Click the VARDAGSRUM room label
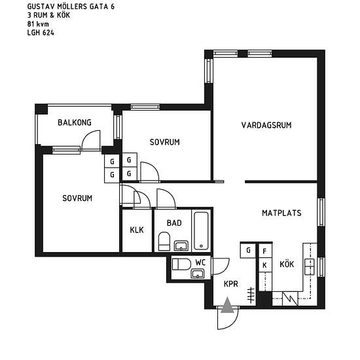click(266, 125)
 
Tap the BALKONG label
click(75, 122)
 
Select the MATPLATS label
click(281, 213)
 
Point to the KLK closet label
click(137, 230)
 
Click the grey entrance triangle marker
click(227, 305)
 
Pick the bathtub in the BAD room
click(202, 231)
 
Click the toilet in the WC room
click(181, 264)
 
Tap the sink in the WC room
click(198, 274)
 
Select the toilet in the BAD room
click(164, 241)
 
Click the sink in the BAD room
click(181, 245)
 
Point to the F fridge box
click(264, 251)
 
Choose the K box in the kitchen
click(264, 265)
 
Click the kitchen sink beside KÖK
click(310, 266)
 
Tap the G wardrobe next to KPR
click(248, 250)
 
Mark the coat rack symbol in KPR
click(251, 295)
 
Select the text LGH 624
click(41, 33)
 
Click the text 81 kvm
click(38, 24)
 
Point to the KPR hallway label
click(231, 284)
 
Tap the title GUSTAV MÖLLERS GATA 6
click(71, 7)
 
